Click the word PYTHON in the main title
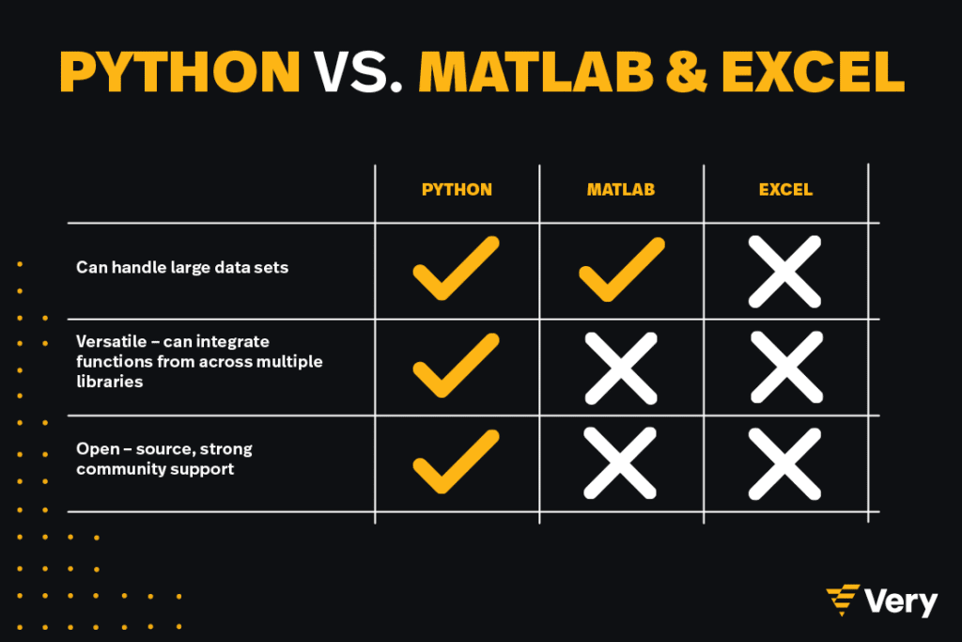point(179,71)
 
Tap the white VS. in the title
point(358,71)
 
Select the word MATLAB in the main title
point(535,71)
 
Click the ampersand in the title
point(687,71)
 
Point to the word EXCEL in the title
point(813,71)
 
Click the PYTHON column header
point(458,190)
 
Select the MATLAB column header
point(621,190)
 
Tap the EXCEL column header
point(786,190)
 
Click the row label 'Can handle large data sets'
point(182,268)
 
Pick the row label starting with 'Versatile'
point(199,362)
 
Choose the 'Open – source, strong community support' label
point(163,459)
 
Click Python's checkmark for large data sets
point(456,268)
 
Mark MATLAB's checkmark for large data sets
point(622,270)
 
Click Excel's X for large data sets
point(784,272)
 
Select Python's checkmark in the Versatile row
point(456,366)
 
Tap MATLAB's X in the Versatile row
point(621,368)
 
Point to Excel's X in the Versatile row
point(786,367)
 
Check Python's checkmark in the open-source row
point(456,462)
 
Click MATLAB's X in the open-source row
point(620,462)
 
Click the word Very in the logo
point(901,602)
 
